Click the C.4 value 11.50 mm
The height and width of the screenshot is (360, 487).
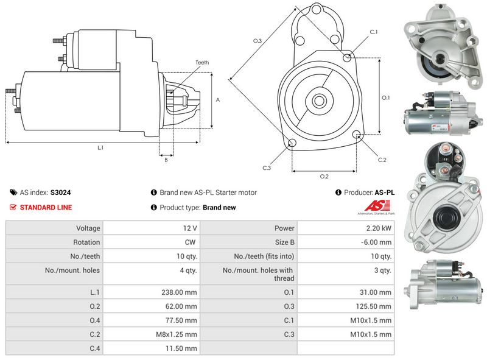coord(180,348)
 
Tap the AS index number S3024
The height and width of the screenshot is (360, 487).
coord(61,192)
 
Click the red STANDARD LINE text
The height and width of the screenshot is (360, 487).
coord(46,208)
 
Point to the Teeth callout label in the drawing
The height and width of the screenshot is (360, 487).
coord(202,63)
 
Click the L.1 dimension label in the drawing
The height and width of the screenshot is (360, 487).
coord(100,147)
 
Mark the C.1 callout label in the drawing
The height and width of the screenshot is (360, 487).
coord(373,32)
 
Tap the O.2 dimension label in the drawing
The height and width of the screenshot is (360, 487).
coord(324,177)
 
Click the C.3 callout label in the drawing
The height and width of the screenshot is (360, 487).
coord(267,168)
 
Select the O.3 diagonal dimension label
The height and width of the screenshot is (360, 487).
coord(258,41)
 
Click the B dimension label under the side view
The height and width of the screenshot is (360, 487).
coord(166,160)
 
